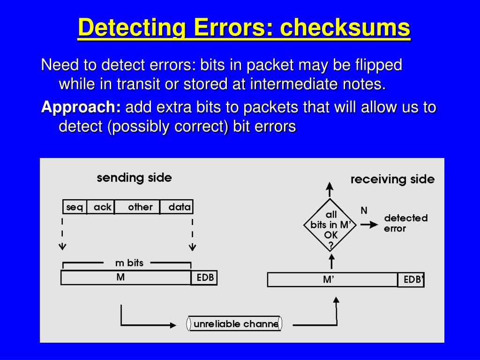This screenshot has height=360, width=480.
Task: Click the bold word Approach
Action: [81, 107]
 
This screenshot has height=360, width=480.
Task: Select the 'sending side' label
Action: [134, 178]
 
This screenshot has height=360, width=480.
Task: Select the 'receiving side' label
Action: [392, 179]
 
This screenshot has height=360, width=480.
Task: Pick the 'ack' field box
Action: [102, 207]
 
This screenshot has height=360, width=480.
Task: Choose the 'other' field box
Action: [140, 207]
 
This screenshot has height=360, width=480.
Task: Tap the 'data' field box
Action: [178, 207]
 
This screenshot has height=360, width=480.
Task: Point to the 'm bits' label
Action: [129, 263]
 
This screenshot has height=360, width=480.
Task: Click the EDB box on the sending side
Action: [204, 277]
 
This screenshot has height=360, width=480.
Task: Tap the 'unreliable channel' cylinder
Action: [235, 324]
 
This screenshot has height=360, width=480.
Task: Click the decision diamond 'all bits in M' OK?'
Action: [330, 225]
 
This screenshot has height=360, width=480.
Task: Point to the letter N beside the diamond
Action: [364, 210]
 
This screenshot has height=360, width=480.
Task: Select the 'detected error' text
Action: [405, 223]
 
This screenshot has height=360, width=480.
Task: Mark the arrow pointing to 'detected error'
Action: [369, 225]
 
